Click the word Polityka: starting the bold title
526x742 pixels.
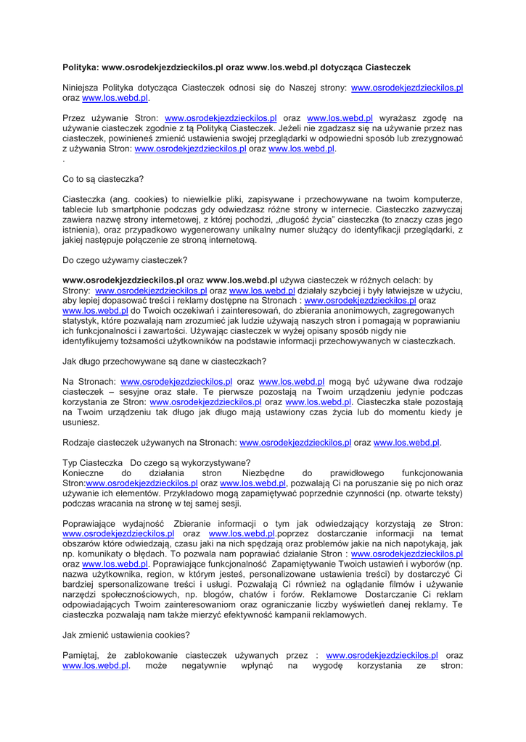pyautogui.click(x=81, y=67)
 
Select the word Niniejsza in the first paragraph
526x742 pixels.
pyautogui.click(x=82, y=88)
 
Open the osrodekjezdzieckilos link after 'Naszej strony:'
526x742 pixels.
pyautogui.click(x=407, y=88)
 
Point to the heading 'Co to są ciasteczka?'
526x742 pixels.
pyautogui.click(x=103, y=178)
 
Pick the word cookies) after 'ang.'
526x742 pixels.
pyautogui.click(x=151, y=199)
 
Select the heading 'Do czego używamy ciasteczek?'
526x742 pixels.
pyautogui.click(x=125, y=259)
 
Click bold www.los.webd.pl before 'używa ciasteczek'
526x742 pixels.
pyautogui.click(x=242, y=280)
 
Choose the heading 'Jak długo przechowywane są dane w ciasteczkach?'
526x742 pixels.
pyautogui.click(x=165, y=361)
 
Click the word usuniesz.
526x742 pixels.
pyautogui.click(x=81, y=422)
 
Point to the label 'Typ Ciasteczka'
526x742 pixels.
pyautogui.click(x=92, y=462)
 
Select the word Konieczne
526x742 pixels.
pyautogui.click(x=83, y=472)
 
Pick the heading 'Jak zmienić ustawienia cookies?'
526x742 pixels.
pyautogui.click(x=126, y=635)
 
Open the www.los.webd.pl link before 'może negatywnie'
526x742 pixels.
pyautogui.click(x=96, y=665)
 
